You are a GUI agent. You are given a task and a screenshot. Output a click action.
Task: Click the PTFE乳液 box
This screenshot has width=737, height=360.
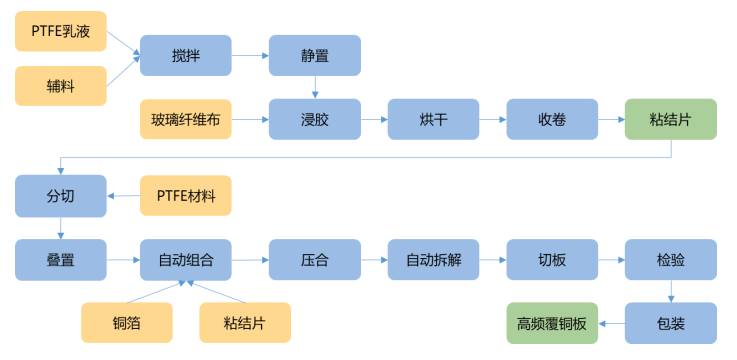point(61,30)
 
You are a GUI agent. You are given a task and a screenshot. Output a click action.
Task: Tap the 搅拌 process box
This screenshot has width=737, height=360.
point(185,56)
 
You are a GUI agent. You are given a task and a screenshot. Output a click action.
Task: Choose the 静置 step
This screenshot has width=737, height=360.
point(315,56)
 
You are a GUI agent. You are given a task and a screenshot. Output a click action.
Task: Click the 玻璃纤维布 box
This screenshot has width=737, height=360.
point(186,120)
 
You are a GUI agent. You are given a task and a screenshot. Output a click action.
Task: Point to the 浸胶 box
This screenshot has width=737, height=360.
point(315,120)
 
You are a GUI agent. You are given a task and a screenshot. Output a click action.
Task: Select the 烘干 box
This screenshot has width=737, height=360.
point(434,120)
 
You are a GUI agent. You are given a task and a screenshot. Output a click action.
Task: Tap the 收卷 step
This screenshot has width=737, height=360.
point(552,120)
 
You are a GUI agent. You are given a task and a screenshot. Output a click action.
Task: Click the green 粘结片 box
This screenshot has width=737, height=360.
point(671,120)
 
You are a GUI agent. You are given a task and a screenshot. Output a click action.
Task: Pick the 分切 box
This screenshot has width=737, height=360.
point(61,195)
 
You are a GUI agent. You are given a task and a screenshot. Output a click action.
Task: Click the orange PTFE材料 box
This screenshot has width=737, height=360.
point(186,195)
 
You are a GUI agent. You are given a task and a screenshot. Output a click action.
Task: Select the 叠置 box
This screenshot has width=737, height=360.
point(61,260)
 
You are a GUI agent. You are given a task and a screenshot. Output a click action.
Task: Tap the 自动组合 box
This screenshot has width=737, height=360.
point(186,260)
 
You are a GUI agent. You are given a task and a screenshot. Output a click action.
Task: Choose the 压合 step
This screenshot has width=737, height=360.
point(315,260)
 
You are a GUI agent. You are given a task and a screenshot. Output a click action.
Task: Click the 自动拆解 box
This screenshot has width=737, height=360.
point(434,260)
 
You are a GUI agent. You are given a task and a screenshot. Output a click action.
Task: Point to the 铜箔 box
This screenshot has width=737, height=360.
point(126,323)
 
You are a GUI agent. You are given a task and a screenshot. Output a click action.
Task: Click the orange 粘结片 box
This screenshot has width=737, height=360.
point(245,323)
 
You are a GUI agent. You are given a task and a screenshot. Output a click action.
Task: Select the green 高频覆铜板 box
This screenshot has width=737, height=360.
point(552,323)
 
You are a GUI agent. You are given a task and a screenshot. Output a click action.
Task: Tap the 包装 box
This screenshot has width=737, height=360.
point(671,323)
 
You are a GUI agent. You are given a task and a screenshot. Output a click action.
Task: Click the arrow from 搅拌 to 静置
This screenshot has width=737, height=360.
point(250,56)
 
